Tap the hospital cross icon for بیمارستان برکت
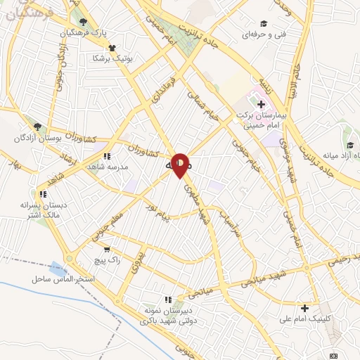click(x=261, y=104)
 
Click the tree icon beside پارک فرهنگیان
click(x=84, y=22)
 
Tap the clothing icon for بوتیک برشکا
click(x=112, y=48)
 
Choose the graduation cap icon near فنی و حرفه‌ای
click(x=264, y=24)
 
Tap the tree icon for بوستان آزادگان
click(x=37, y=127)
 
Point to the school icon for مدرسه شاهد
click(x=106, y=156)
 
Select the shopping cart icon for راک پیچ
click(x=106, y=249)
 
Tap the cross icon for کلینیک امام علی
click(x=304, y=308)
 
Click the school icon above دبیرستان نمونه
click(x=167, y=299)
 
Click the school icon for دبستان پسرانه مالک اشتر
click(x=44, y=194)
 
